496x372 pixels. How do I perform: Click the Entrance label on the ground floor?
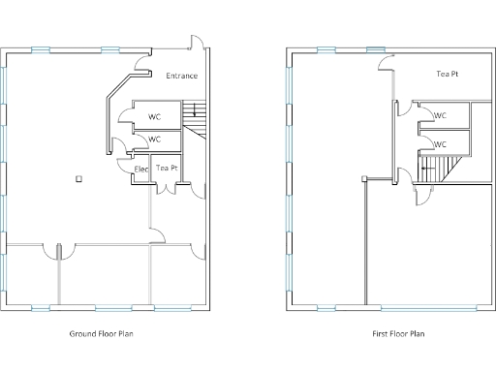pyautogui.click(x=181, y=76)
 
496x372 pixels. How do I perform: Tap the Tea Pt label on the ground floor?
pyautogui.click(x=169, y=168)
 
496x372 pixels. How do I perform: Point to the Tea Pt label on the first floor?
pyautogui.click(x=447, y=74)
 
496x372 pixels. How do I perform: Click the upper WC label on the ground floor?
pyautogui.click(x=155, y=116)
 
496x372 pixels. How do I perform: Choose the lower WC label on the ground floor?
pyautogui.click(x=155, y=139)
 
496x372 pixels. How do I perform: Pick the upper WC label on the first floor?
pyautogui.click(x=441, y=116)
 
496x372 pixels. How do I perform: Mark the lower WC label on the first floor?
pyautogui.click(x=441, y=144)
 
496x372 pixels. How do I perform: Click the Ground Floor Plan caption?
pyautogui.click(x=101, y=334)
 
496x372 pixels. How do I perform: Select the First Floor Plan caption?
pyautogui.click(x=398, y=334)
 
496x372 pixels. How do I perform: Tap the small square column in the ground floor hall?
pyautogui.click(x=79, y=177)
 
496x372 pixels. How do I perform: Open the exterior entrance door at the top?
pyautogui.click(x=197, y=45)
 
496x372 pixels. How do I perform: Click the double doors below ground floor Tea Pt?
pyautogui.click(x=169, y=187)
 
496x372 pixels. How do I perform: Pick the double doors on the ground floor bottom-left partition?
pyautogui.click(x=59, y=250)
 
